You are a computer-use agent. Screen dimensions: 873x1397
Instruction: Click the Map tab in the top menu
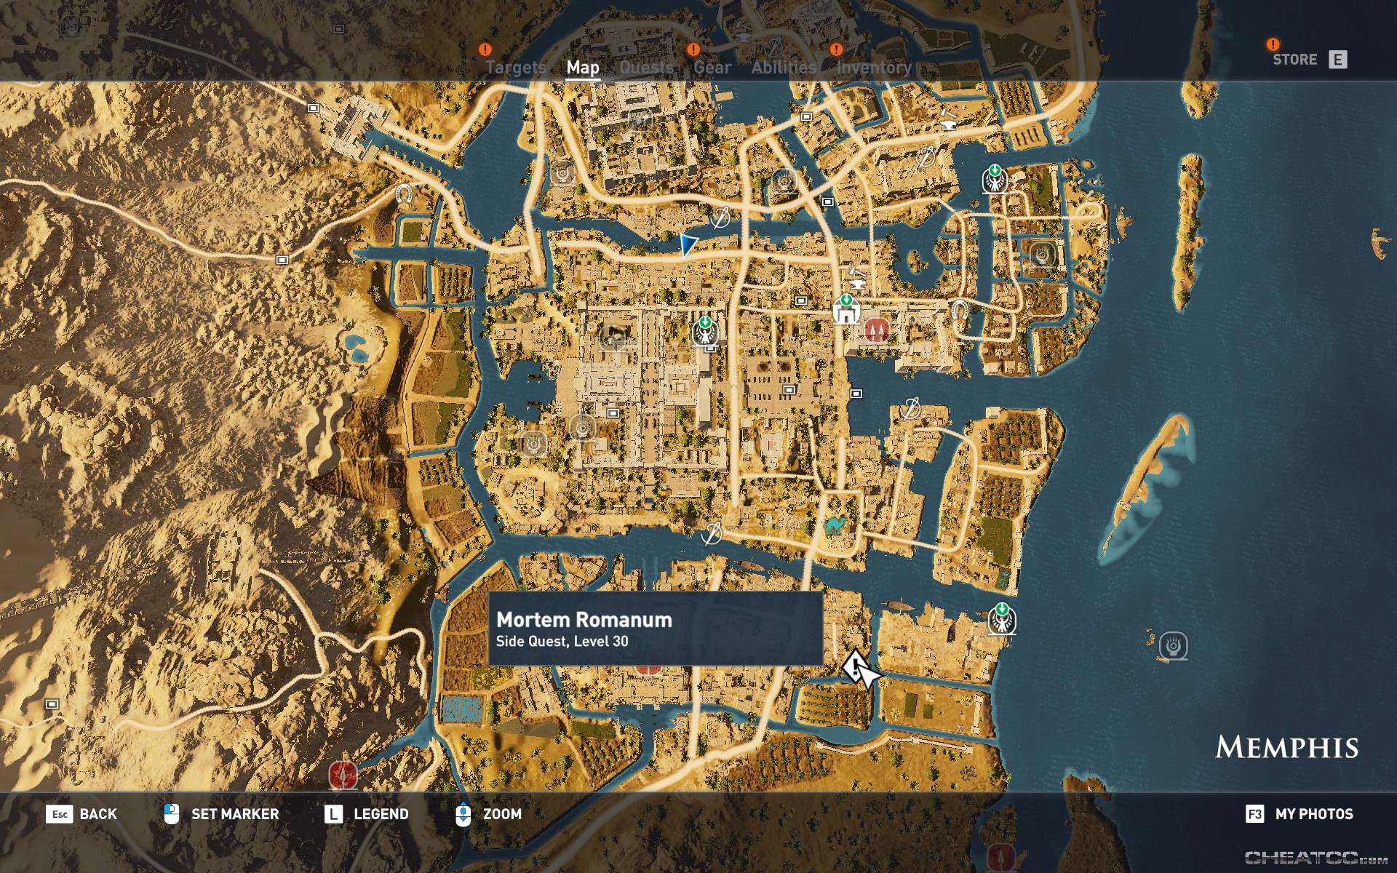pos(583,68)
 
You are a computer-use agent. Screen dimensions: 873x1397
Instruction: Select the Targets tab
pos(515,68)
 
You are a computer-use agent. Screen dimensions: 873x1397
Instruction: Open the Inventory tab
pos(874,68)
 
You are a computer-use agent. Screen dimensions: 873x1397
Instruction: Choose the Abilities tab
pos(784,68)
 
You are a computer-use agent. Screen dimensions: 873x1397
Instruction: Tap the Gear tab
pos(712,68)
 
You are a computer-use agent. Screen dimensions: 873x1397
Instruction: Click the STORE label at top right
pos(1294,60)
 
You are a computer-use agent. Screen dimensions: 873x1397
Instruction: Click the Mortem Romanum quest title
pos(584,620)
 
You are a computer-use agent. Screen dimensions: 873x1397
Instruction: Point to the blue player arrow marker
pos(688,244)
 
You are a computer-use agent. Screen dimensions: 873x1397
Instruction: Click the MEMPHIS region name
pos(1286,748)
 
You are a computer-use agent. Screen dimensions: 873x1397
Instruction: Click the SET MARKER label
pos(235,814)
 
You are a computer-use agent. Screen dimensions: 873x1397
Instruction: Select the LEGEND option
pos(381,814)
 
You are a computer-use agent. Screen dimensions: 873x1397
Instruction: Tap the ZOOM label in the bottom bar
pos(502,814)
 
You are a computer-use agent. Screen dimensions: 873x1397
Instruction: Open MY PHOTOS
pos(1313,814)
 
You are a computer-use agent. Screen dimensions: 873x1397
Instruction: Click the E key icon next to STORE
pos(1337,60)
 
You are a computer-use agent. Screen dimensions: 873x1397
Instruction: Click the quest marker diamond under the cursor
pos(853,665)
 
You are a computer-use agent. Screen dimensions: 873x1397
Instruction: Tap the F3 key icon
pos(1254,814)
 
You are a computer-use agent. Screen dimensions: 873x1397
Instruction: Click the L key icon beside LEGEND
pos(333,814)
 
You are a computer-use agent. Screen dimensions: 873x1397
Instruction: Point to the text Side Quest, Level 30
pos(562,642)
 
